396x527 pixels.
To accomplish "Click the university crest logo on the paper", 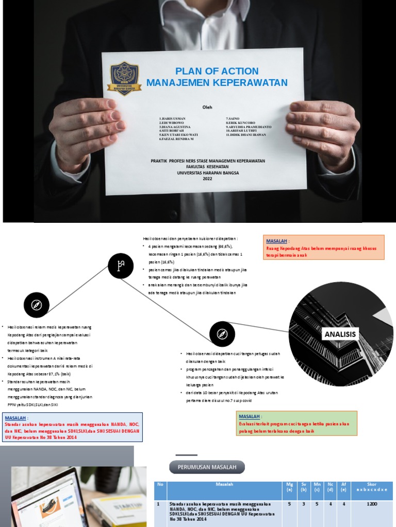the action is point(124,78).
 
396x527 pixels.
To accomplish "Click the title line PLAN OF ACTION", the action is point(217,71).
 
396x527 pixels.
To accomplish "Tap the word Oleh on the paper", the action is point(207,107).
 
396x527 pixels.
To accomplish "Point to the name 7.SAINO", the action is point(234,118).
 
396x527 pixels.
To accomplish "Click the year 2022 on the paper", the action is point(207,179).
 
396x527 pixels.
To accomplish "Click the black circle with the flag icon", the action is point(121,266).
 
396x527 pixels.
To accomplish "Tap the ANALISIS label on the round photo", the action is point(340,335).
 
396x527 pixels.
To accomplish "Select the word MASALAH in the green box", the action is point(249,416).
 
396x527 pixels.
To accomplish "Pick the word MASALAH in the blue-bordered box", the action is point(15,418).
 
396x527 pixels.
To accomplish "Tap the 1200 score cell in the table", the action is point(372,504).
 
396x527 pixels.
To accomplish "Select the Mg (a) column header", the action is point(290,487).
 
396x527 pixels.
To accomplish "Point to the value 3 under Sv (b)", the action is point(304,504).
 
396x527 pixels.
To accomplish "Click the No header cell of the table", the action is point(160,484).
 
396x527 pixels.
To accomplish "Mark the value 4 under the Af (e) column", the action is point(344,504).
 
